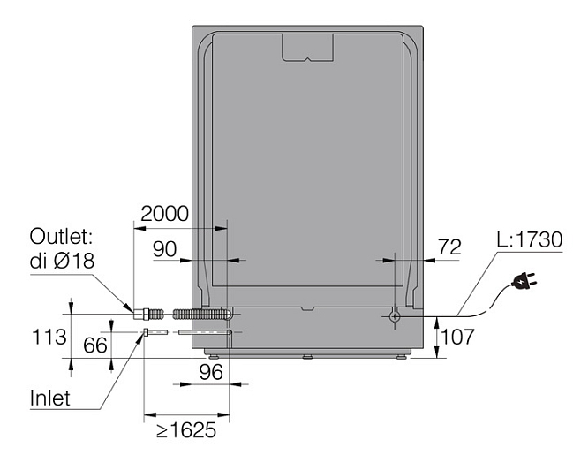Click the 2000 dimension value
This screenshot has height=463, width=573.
coord(164,214)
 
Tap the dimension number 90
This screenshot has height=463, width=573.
coord(164,249)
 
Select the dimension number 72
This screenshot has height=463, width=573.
coord(449,247)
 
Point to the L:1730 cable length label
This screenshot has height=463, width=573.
coord(530,240)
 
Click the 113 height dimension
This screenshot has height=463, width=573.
coord(49,337)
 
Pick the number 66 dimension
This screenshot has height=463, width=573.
coord(95,345)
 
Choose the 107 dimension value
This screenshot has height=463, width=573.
coord(457,337)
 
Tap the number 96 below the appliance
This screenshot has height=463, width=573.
coord(211,372)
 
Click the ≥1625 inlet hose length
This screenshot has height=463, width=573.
coord(186,430)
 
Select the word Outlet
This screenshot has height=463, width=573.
coord(61,237)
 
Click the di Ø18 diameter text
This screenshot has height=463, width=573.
coord(62,262)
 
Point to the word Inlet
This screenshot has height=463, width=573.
coord(49,398)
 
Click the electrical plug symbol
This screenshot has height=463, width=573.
coord(524,280)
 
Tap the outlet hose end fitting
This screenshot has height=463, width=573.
coord(140,315)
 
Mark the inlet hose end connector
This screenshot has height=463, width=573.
coord(147,332)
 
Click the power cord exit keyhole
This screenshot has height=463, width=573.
coord(395,316)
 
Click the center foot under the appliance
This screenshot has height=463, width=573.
coord(307,356)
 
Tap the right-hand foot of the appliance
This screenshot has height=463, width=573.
coord(402,356)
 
